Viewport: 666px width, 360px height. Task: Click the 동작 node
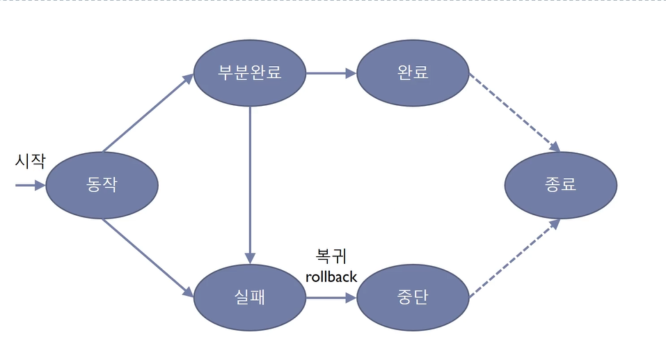click(x=102, y=185)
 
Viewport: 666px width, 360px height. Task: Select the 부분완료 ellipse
click(x=250, y=72)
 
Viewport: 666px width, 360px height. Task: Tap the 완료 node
click(x=413, y=72)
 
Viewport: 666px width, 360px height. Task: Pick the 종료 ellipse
click(x=561, y=185)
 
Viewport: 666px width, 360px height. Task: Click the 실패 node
click(x=250, y=297)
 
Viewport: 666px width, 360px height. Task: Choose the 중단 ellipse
click(x=413, y=297)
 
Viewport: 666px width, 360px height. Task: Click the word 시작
click(x=30, y=162)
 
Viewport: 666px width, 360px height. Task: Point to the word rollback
click(x=331, y=276)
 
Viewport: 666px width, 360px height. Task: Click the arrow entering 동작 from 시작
click(x=29, y=185)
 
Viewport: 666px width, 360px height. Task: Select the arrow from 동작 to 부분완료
click(x=146, y=113)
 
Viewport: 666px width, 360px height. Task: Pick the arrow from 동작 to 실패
click(x=146, y=257)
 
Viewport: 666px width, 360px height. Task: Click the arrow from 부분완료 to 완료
click(x=331, y=72)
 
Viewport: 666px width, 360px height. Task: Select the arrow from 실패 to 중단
click(x=331, y=297)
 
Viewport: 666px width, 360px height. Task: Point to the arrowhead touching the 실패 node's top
click(x=250, y=258)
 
